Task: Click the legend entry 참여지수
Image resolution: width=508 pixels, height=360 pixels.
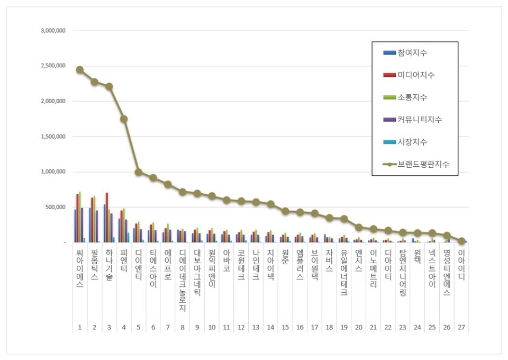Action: tap(413, 53)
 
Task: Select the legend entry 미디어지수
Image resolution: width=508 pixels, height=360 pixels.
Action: tap(415, 75)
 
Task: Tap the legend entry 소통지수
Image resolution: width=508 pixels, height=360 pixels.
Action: tap(413, 97)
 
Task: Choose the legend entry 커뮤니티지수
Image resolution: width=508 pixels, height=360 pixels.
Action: tap(419, 120)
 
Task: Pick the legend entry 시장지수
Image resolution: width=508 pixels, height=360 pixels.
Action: tap(413, 142)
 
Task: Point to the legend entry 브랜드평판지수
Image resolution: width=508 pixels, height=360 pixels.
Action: tap(421, 164)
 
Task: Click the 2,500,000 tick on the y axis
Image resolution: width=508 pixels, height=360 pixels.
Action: tap(53, 66)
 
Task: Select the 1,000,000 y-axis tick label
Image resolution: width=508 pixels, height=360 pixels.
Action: tap(53, 172)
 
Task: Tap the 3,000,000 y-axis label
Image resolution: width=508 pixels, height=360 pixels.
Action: tap(53, 31)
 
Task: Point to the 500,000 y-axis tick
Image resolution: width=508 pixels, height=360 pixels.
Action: tap(55, 207)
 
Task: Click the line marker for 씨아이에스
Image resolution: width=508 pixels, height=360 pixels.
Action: tap(79, 70)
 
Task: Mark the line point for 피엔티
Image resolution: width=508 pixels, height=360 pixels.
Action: tap(123, 119)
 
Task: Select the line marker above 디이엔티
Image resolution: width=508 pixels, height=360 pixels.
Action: tap(138, 172)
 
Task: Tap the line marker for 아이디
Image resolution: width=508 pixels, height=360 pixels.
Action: tap(461, 241)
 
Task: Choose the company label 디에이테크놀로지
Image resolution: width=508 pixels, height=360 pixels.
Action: tap(182, 280)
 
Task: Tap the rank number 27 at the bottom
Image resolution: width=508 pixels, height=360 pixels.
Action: tap(461, 328)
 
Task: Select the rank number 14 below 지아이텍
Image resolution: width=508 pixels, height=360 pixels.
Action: tap(270, 328)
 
